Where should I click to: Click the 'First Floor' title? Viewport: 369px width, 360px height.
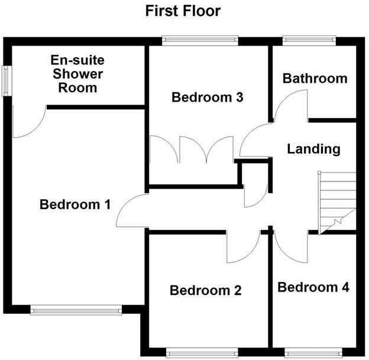tap(184, 11)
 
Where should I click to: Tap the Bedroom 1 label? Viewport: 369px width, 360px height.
tap(75, 205)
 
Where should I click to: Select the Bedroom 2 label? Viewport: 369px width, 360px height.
tap(205, 290)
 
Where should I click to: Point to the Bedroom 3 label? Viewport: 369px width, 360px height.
tap(208, 97)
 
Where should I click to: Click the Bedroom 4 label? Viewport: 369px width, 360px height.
tap(313, 287)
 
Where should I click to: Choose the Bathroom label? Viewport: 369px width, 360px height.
tap(315, 78)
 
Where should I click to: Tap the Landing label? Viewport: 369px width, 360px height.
tap(313, 148)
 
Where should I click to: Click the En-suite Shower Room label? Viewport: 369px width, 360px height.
tap(77, 74)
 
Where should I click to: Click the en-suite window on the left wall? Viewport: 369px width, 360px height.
tap(8, 78)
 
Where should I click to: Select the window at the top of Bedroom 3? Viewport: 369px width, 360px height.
tap(201, 40)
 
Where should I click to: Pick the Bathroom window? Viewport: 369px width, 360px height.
tap(309, 40)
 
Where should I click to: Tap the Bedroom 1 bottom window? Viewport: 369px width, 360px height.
tap(76, 309)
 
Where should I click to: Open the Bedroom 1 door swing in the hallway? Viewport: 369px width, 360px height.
tap(131, 212)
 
